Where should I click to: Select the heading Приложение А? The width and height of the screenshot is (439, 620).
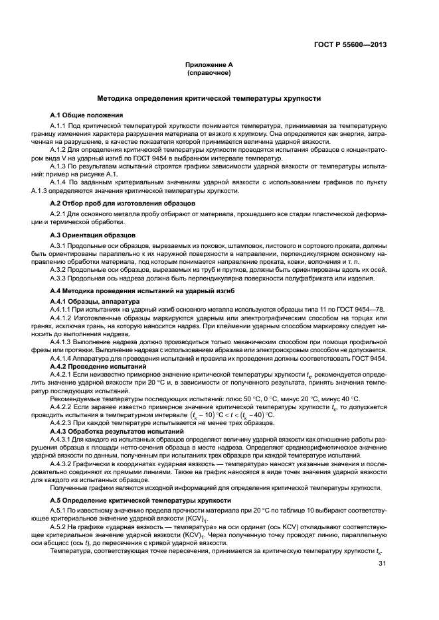(x=209, y=65)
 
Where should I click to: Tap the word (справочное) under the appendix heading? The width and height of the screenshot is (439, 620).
(x=209, y=72)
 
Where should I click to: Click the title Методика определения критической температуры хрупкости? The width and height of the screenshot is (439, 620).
(x=209, y=98)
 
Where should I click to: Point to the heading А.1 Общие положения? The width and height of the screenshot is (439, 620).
(x=86, y=115)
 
